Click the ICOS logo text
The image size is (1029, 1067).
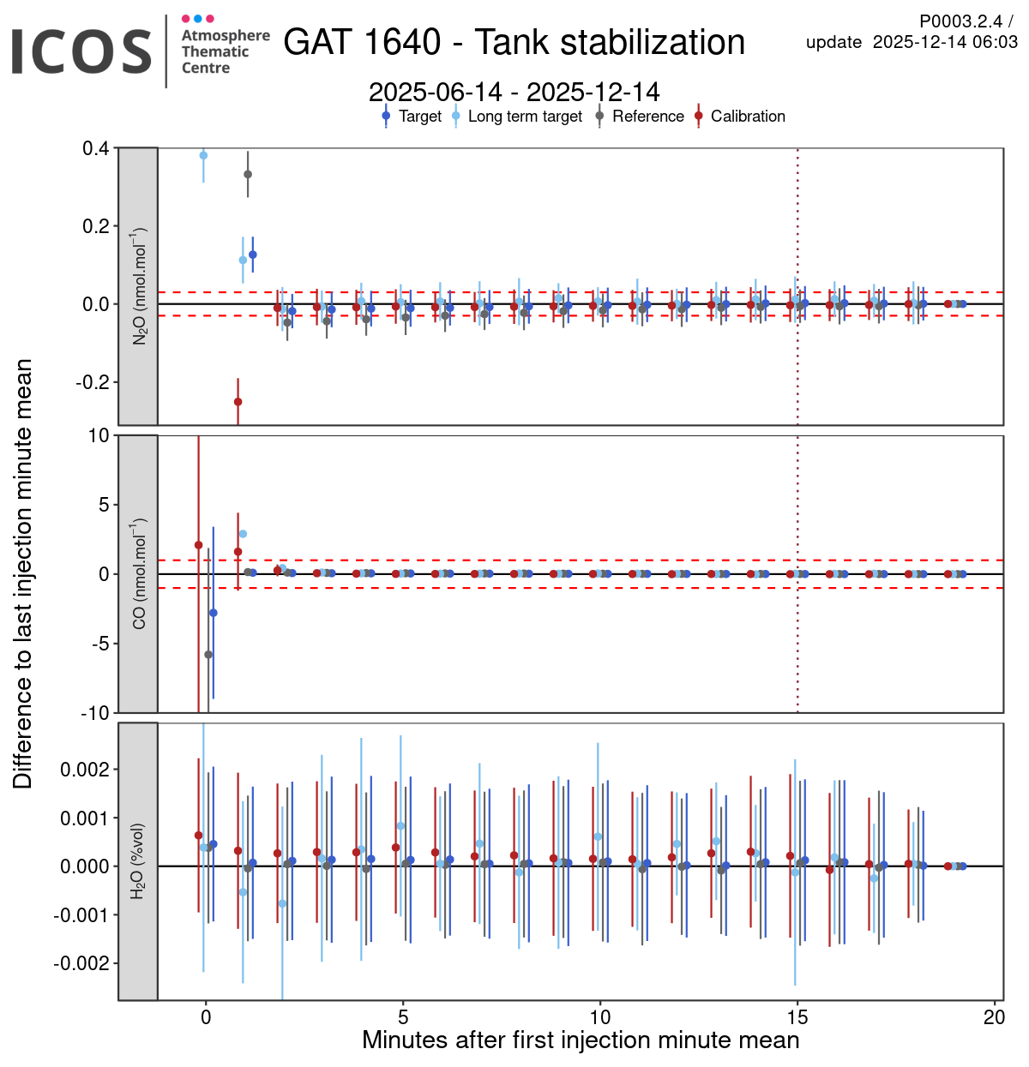(x=81, y=51)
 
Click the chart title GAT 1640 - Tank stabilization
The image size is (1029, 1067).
(x=514, y=42)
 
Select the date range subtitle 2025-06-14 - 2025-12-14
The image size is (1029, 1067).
(x=514, y=92)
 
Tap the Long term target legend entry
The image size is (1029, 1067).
(x=525, y=117)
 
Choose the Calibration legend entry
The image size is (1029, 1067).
(x=748, y=117)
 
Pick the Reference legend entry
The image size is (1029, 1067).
(x=647, y=117)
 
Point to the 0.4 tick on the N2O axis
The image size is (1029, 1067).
(x=95, y=149)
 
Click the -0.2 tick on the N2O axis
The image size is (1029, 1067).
(x=92, y=382)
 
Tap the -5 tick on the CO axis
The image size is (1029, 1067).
(x=100, y=644)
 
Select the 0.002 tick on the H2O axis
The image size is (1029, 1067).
(x=86, y=770)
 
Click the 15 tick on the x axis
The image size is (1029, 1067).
(x=797, y=1017)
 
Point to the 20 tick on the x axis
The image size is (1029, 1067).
(x=995, y=1017)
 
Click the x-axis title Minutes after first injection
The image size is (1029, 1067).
(x=581, y=1040)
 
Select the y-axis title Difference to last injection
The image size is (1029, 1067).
(x=22, y=573)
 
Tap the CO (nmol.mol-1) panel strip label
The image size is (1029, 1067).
(x=138, y=573)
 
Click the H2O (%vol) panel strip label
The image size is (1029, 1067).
(x=138, y=861)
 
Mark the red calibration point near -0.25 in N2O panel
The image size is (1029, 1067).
(x=238, y=402)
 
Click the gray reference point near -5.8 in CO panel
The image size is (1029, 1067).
(x=208, y=655)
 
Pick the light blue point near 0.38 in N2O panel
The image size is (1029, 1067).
(x=203, y=155)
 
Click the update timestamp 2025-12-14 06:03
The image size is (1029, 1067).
(x=945, y=42)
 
